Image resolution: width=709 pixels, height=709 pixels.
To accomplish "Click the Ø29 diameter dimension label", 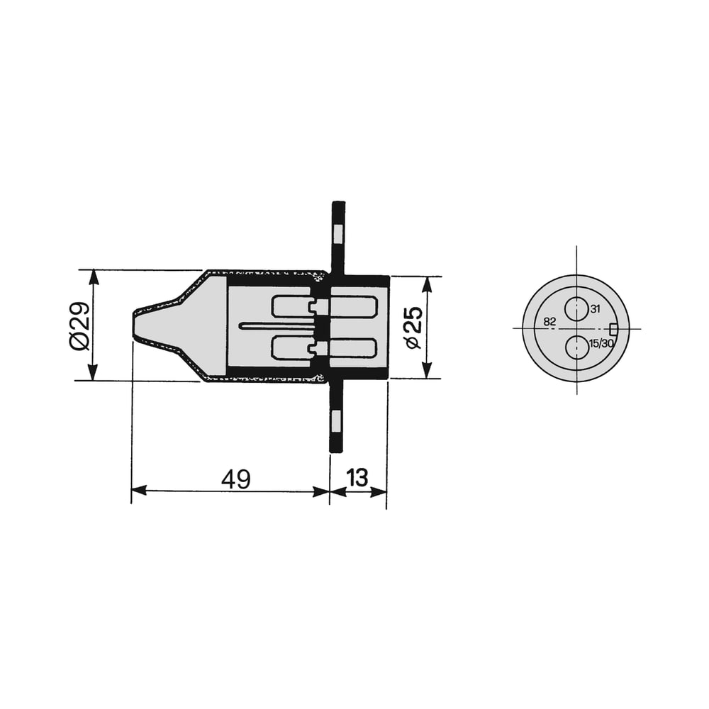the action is pos(80,326).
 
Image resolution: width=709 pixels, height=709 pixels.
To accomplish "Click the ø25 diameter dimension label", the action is pos(414,328).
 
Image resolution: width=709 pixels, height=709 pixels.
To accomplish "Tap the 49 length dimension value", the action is pos(235,479).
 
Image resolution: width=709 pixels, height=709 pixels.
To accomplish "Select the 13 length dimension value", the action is pos(357,478).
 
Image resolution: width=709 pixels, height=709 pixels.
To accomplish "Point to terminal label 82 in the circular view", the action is pos(549,321).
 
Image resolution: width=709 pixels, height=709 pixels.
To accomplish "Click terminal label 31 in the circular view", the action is pos(595,309).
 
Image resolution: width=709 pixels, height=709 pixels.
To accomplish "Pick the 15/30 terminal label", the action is pos(601,343).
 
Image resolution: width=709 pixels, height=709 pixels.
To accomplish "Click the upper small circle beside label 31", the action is pos(576,309).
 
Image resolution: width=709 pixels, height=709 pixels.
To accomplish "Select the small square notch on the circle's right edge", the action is pos(613,329).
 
